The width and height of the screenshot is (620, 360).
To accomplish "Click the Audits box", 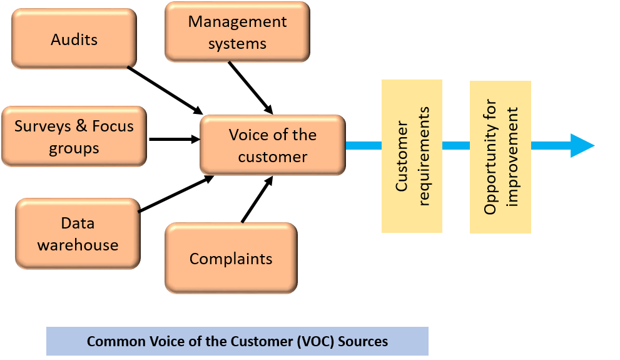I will [x=74, y=39].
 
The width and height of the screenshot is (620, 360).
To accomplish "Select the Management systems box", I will [x=237, y=32].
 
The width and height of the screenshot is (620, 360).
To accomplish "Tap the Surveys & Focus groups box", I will [x=74, y=136].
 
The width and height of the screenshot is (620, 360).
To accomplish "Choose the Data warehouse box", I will [x=78, y=234].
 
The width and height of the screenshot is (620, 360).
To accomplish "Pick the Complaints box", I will [x=231, y=259].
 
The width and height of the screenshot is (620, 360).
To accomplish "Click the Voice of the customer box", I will [x=272, y=145].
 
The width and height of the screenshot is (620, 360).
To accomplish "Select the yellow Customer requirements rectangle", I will [x=412, y=156].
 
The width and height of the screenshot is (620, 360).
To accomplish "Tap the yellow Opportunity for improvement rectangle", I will [x=501, y=156].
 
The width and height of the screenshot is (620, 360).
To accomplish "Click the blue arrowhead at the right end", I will [x=582, y=145].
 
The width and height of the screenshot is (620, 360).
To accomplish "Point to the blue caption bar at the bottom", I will [x=237, y=341].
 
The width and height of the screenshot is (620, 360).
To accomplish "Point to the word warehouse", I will [x=78, y=245].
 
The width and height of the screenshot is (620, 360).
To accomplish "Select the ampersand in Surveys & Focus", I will [x=81, y=126].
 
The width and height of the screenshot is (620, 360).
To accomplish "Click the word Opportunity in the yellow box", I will [x=490, y=156].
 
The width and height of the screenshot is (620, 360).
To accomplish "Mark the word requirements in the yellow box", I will [x=424, y=156].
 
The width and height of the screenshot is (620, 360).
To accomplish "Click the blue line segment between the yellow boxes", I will [x=456, y=145].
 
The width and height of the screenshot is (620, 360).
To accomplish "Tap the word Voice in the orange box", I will [x=248, y=135].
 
